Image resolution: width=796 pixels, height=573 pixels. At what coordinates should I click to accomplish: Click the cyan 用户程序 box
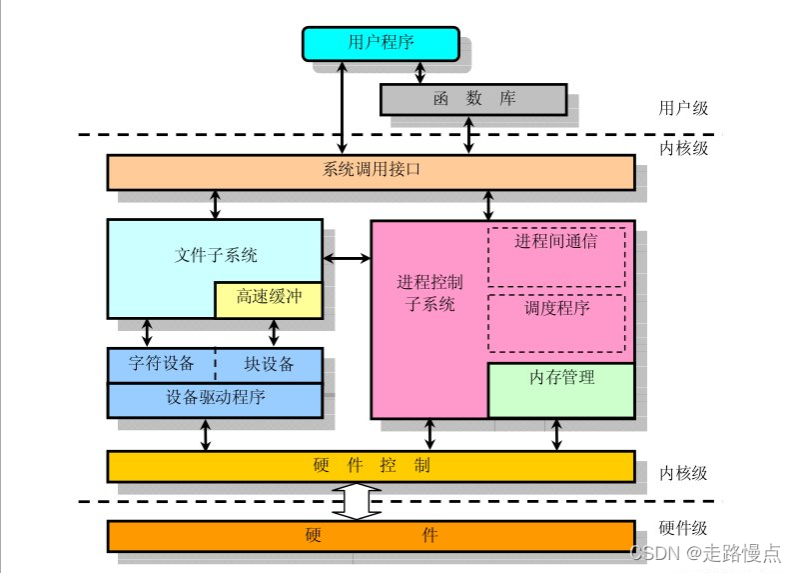(381, 42)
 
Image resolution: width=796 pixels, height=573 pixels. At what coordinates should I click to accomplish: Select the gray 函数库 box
(473, 100)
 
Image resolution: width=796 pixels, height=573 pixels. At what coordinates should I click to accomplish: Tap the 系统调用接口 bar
(372, 171)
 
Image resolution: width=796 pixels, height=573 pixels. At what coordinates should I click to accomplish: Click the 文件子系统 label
(216, 255)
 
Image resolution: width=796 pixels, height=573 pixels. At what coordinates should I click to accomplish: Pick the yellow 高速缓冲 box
(268, 299)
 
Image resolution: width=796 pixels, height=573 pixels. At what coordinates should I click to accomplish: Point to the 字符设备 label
(162, 362)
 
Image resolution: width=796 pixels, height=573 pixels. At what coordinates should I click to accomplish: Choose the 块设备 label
(270, 362)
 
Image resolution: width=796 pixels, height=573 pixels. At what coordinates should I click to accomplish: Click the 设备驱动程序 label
(215, 397)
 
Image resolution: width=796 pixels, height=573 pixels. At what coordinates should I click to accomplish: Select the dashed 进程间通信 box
(556, 254)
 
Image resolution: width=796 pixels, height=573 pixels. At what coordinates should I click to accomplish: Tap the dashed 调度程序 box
(556, 321)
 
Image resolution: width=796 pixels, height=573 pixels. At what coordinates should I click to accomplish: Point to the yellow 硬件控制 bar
(372, 466)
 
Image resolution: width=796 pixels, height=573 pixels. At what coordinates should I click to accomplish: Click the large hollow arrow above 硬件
(357, 501)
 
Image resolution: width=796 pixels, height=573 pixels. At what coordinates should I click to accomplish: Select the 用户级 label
(684, 108)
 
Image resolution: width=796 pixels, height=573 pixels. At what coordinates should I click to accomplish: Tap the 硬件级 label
(684, 530)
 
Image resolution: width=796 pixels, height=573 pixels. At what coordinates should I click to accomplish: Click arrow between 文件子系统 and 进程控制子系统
(348, 260)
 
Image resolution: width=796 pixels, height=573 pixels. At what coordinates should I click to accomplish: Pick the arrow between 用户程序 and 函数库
(419, 71)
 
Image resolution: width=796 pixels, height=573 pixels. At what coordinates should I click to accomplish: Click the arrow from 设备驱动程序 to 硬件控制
(206, 435)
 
